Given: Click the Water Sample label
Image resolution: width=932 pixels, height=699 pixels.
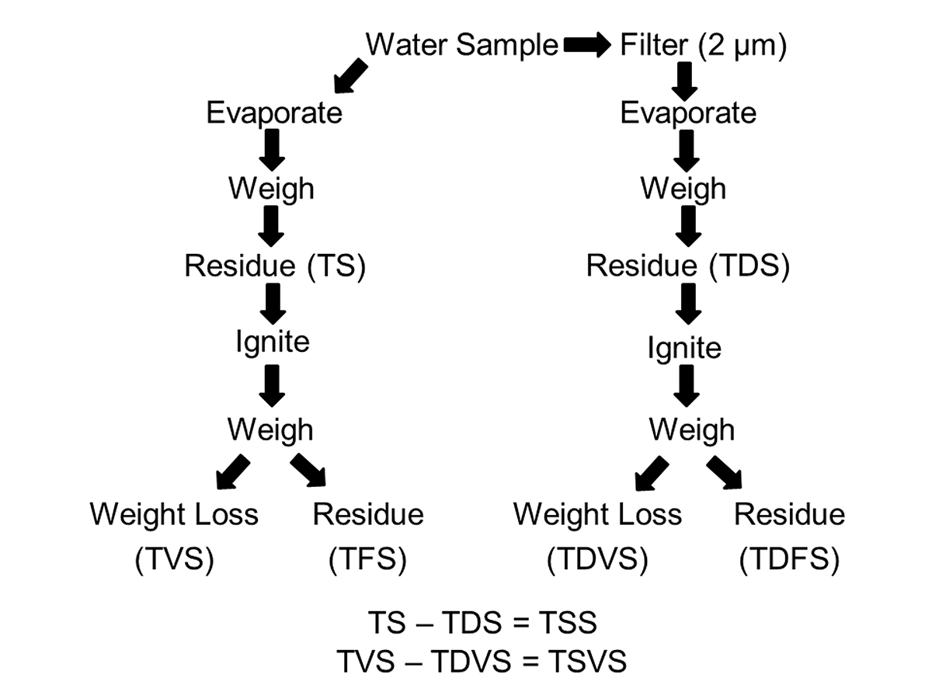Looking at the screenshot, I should (462, 46).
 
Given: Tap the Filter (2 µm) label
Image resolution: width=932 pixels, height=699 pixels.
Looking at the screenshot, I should (703, 46).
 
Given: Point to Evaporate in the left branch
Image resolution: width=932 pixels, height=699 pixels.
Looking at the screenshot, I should (273, 113).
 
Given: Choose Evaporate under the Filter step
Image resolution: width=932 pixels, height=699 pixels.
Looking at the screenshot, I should (687, 113).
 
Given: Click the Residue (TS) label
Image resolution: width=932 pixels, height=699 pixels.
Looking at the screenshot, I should (274, 266).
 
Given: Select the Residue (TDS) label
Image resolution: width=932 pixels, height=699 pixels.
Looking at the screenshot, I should (687, 266).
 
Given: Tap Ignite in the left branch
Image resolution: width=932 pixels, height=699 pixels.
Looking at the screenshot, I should (272, 343).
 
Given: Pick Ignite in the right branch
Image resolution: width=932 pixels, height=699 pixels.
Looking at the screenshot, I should (684, 349).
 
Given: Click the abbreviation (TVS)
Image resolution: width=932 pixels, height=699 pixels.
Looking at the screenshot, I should (174, 559).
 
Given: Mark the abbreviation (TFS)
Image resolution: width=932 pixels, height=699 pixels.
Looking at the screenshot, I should (368, 559).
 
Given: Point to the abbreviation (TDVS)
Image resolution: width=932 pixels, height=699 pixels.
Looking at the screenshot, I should (596, 559).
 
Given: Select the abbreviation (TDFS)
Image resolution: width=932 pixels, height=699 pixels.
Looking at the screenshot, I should (789, 559).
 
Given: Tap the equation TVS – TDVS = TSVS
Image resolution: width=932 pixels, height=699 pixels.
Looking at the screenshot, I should (482, 662).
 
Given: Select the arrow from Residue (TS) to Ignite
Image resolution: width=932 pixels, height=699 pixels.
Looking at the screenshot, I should (272, 304).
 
